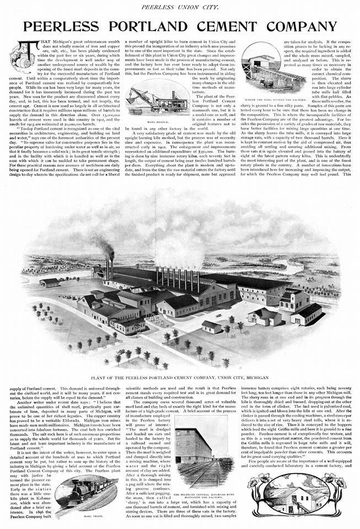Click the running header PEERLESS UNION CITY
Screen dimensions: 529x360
[180, 6]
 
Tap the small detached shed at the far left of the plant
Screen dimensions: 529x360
[50, 282]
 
